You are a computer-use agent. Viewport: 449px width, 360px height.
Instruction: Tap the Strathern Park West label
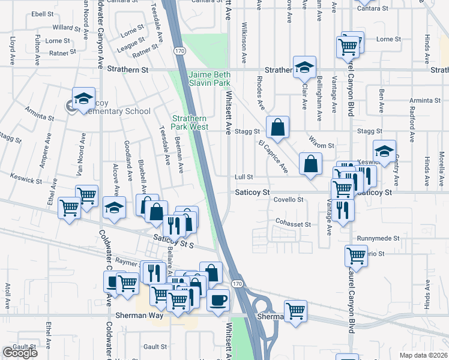point(190,122)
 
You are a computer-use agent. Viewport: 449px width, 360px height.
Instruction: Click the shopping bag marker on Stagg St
point(277,127)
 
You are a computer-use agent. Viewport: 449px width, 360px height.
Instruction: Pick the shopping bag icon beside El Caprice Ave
point(310,163)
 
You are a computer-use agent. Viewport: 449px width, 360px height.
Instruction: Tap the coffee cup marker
point(218,299)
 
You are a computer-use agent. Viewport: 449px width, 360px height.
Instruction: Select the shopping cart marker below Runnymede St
point(356,255)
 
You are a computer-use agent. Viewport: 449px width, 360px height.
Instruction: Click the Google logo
point(20,352)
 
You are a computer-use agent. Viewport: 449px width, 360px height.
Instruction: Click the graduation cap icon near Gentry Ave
point(384,151)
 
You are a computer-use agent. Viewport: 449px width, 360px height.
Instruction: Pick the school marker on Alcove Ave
point(113,208)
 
